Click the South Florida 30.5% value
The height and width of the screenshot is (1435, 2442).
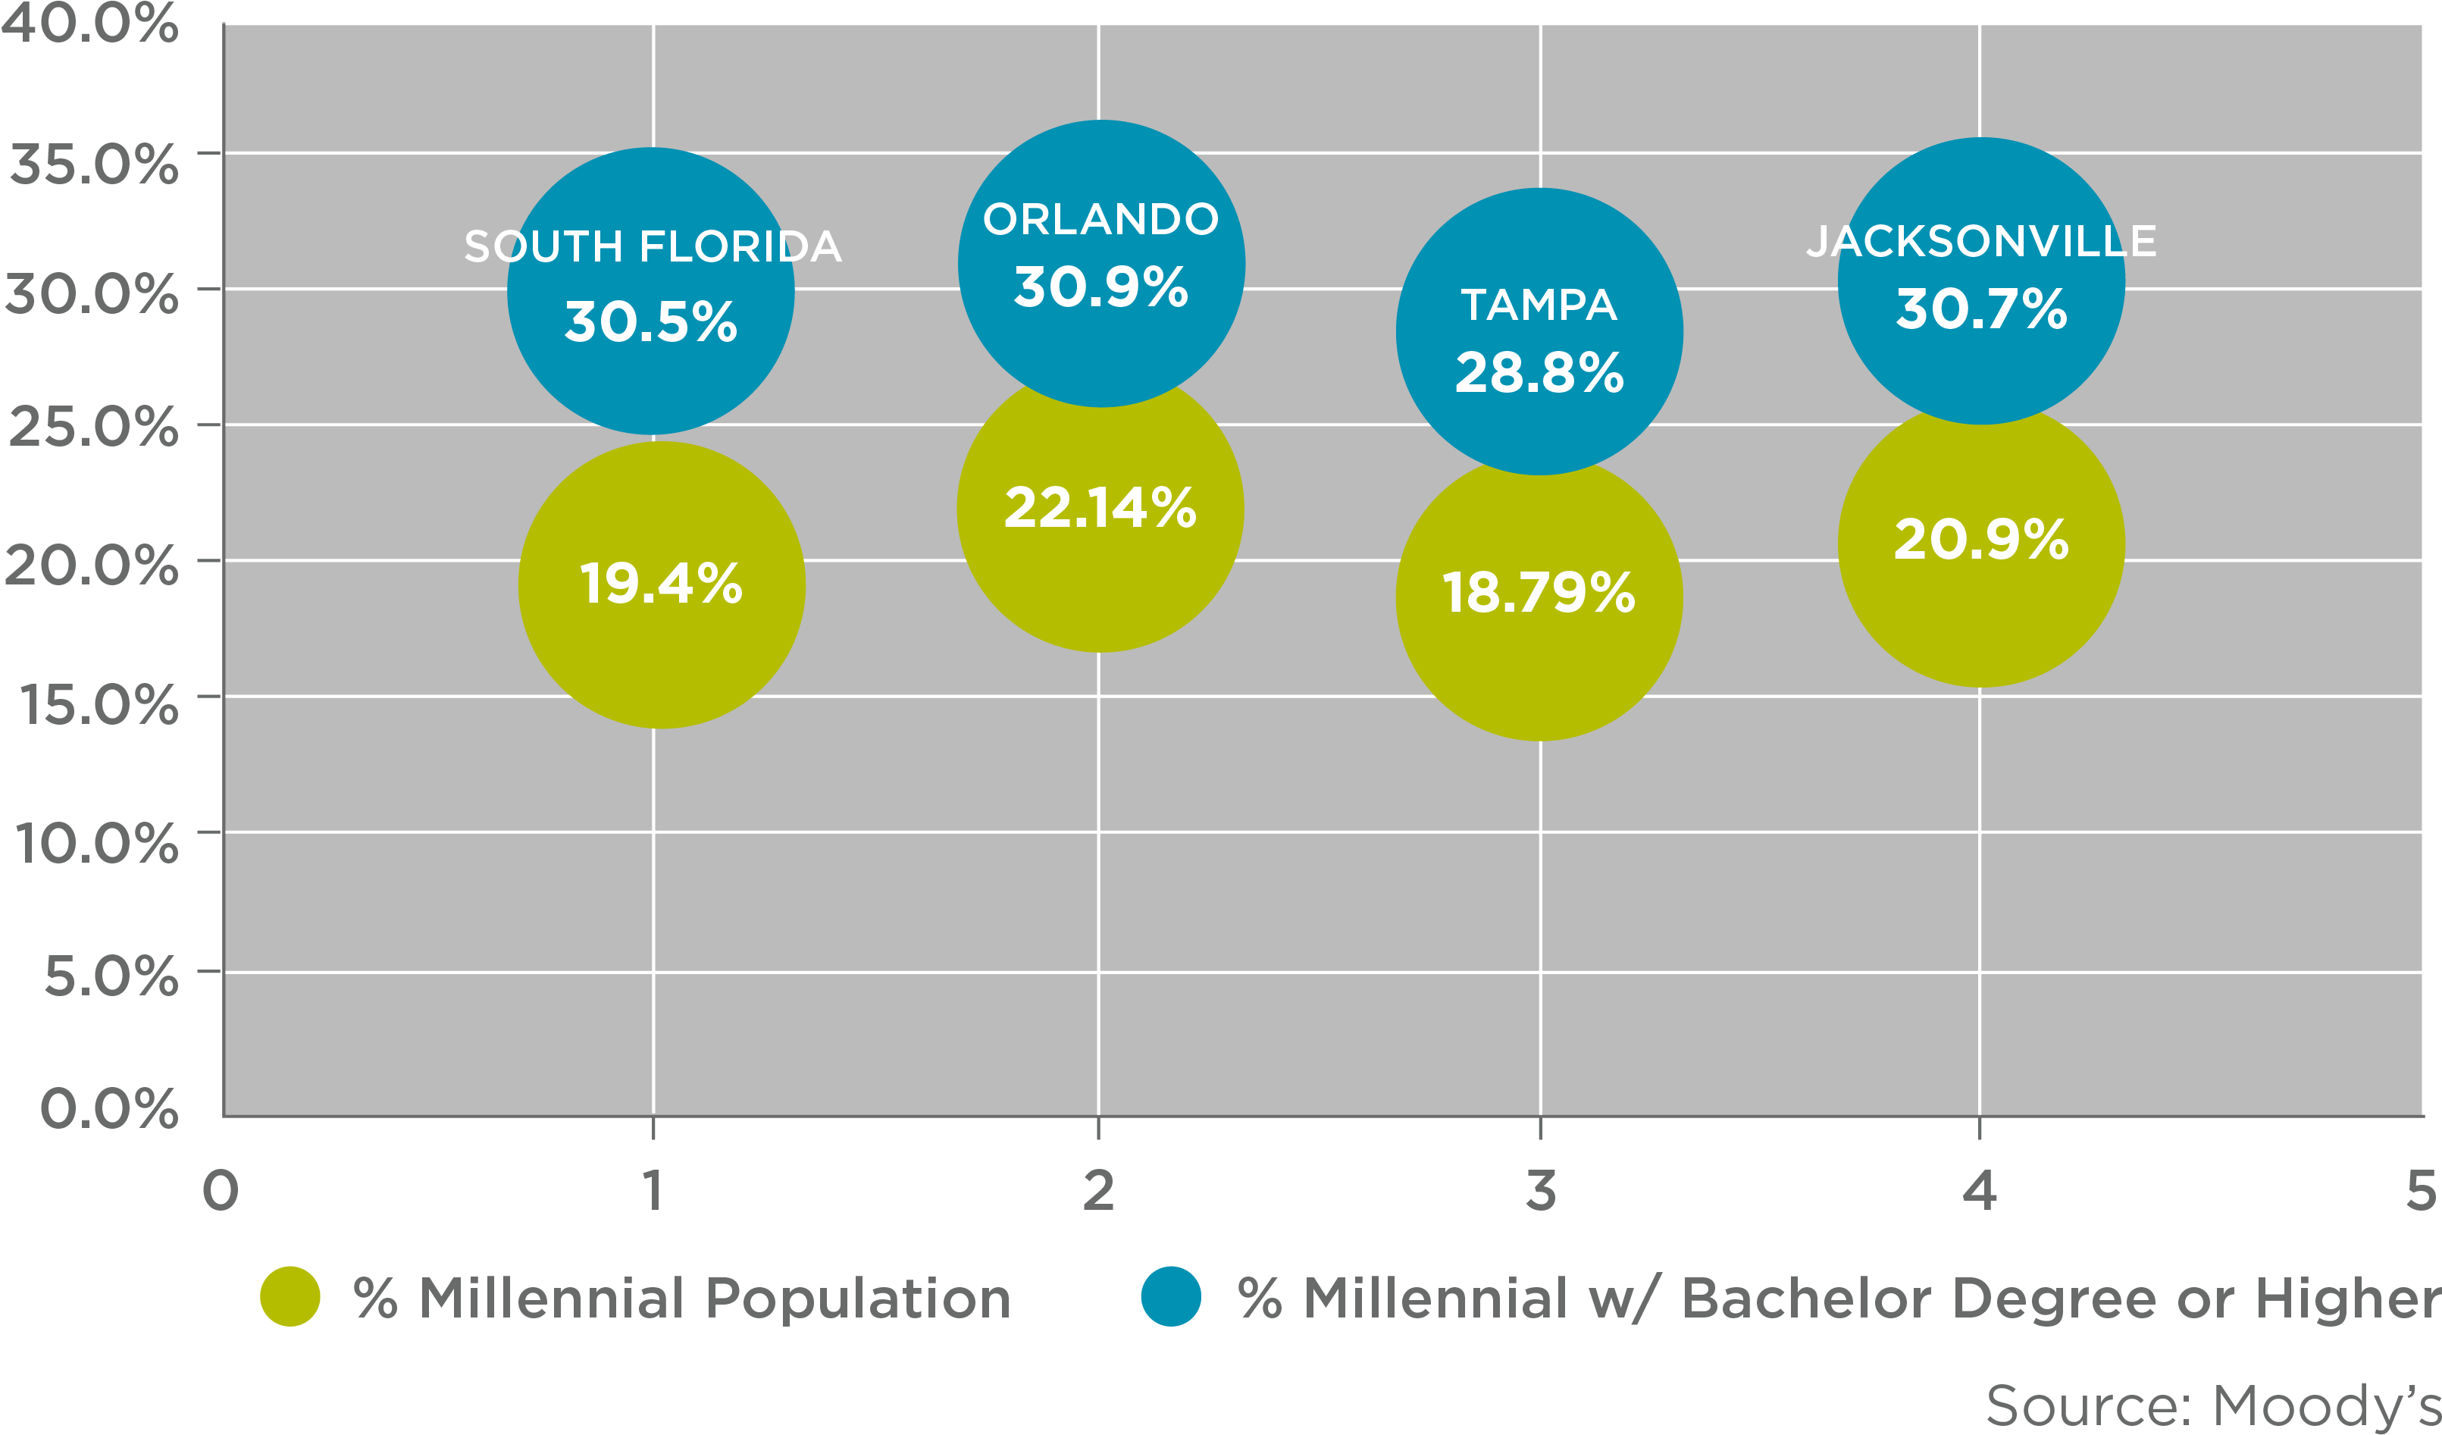tap(650, 321)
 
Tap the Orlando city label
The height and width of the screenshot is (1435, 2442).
tap(1100, 220)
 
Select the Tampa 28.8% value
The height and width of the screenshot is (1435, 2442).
tap(1539, 373)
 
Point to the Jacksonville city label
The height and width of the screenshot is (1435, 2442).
tap(1980, 241)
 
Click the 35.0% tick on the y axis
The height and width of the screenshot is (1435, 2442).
tap(93, 164)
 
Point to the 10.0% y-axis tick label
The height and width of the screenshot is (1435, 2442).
tap(96, 843)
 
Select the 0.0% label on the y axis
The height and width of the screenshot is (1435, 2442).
tap(108, 1108)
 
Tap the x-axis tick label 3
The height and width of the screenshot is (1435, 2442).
tap(1540, 1191)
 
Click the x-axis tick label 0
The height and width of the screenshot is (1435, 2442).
tap(220, 1191)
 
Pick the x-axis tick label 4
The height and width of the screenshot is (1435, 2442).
tap(1979, 1191)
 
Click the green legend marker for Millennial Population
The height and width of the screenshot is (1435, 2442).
tap(290, 1296)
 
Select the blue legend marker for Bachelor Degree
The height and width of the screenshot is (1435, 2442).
tap(1171, 1296)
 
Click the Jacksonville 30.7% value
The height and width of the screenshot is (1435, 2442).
tap(1980, 309)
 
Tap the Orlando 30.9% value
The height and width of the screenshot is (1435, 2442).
tap(1100, 288)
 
